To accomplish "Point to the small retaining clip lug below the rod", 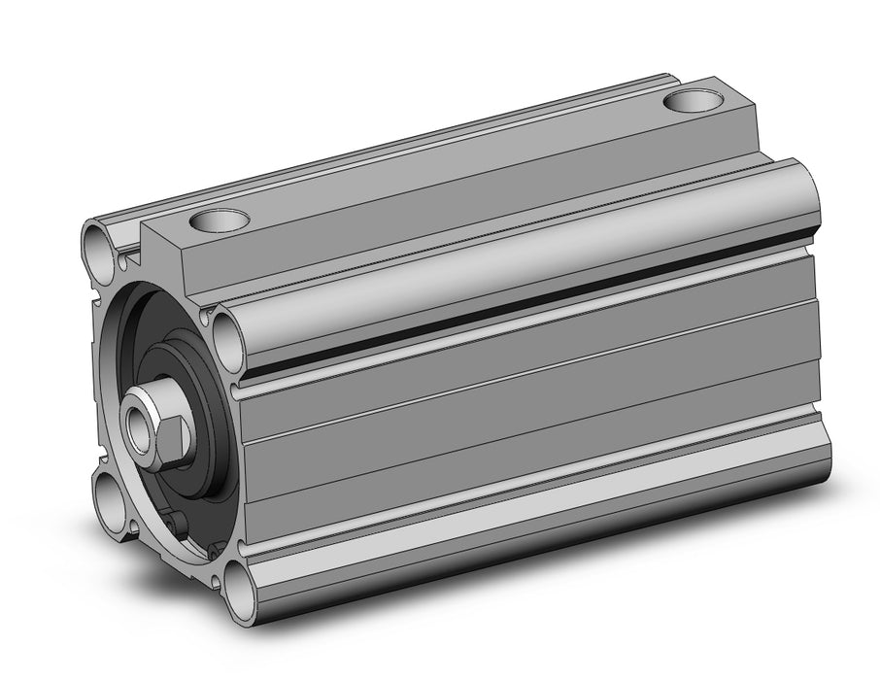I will click(x=175, y=524).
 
